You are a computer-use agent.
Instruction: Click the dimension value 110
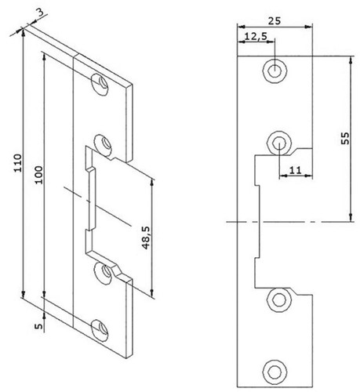tap(18, 163)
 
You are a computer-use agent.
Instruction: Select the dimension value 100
tap(38, 175)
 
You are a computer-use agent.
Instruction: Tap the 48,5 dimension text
tap(146, 238)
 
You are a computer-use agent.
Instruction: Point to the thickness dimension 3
tap(40, 14)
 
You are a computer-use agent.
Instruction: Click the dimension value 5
tap(38, 326)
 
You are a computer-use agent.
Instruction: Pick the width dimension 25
tap(275, 20)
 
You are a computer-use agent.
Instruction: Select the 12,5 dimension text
tap(256, 36)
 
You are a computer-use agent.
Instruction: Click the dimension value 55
tap(345, 138)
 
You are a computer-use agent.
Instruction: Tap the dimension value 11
tap(296, 171)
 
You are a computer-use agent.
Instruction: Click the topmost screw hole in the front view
tap(275, 71)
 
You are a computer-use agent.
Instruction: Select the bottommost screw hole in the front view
tap(275, 371)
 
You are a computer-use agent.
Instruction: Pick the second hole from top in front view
tap(279, 143)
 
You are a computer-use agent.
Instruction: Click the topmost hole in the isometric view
tap(100, 85)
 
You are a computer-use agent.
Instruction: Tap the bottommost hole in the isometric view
tap(100, 330)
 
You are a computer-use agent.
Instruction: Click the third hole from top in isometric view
tap(104, 273)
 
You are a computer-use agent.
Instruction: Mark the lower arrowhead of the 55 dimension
tap(351, 217)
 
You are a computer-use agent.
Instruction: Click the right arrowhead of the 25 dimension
tap(308, 27)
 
